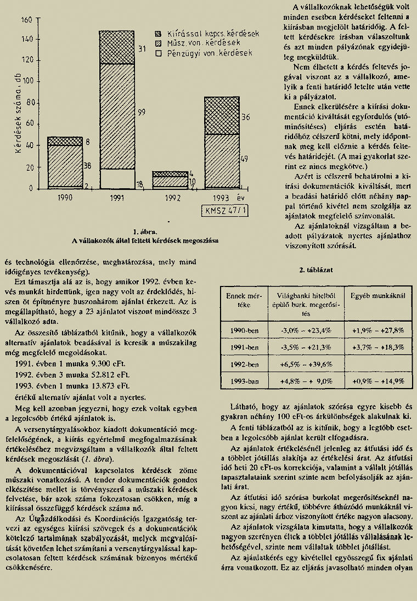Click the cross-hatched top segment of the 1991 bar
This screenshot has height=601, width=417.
coord(117,47)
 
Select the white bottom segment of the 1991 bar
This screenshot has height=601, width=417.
coord(117,179)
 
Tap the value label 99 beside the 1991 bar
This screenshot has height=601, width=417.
coord(141,113)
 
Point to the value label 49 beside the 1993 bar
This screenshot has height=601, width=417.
coord(245,159)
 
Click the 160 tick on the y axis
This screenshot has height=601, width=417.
coord(26,19)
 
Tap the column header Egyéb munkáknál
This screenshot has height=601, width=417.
coord(378,295)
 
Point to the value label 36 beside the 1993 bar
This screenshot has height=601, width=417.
coord(245,117)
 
